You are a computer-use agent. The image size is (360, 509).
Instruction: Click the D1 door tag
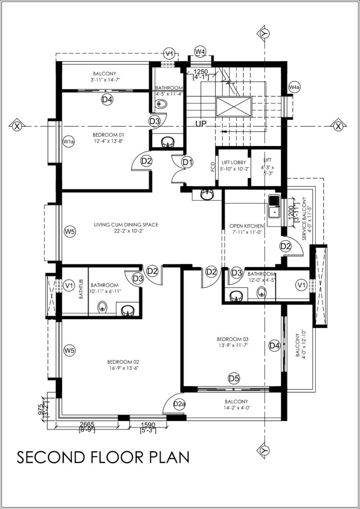[187, 163]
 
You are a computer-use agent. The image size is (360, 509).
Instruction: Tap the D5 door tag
[234, 378]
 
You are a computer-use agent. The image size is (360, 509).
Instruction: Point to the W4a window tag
[294, 87]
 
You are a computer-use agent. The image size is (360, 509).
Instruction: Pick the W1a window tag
[69, 142]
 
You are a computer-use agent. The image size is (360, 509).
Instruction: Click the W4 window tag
[200, 51]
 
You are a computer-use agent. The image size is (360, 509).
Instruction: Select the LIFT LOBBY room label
[234, 163]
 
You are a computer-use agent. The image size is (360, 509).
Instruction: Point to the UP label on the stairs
[201, 123]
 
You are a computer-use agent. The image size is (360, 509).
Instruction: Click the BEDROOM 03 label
[233, 339]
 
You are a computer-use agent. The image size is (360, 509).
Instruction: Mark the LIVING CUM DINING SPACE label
[126, 224]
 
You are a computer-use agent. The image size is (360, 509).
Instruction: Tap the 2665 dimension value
[87, 424]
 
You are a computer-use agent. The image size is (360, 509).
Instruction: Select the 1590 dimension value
[148, 424]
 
